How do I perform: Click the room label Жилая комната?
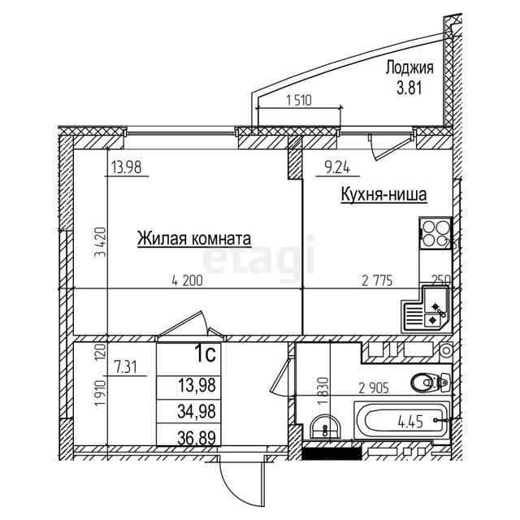point(194,239)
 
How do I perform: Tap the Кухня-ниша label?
point(383,195)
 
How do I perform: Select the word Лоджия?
point(409,68)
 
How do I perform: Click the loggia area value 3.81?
point(409,89)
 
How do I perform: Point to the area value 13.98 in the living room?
point(127,167)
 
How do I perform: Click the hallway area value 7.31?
point(125,367)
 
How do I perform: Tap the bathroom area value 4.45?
point(410,422)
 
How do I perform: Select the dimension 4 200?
point(188,281)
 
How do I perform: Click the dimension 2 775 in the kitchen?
point(377,281)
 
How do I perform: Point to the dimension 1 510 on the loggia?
point(299,100)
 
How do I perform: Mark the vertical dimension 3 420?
point(100,242)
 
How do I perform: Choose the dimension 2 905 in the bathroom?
point(374,388)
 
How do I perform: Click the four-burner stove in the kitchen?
point(435,233)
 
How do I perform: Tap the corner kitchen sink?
point(426,309)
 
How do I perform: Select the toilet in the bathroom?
point(430,383)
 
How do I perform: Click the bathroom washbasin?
point(325,428)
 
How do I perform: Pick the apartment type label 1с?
point(206,354)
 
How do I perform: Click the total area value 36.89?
point(197,437)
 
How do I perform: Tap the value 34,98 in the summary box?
point(197,412)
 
